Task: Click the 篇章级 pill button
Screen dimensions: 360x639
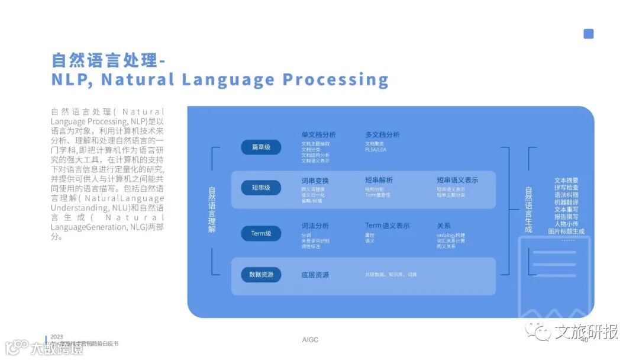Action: point(261,147)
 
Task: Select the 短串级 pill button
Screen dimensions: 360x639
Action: point(261,188)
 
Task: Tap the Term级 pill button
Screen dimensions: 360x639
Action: point(261,233)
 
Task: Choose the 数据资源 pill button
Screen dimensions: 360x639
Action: point(261,275)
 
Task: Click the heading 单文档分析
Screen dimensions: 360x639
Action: point(318,135)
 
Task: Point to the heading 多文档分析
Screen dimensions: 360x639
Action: point(382,135)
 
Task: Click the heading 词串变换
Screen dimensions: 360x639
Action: point(315,181)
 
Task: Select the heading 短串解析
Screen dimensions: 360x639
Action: point(379,181)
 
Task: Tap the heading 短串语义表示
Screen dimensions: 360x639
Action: point(457,181)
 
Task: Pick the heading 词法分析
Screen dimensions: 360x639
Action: point(315,226)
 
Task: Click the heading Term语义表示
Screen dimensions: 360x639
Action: point(387,226)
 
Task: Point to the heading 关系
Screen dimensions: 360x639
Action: point(444,226)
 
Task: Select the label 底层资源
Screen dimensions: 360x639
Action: point(315,275)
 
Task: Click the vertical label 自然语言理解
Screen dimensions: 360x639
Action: point(212,210)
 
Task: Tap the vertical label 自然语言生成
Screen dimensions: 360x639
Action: point(528,210)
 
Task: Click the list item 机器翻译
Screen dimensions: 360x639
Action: point(566,202)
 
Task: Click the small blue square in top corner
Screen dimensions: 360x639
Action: point(588,34)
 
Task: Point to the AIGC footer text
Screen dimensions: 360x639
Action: point(310,340)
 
